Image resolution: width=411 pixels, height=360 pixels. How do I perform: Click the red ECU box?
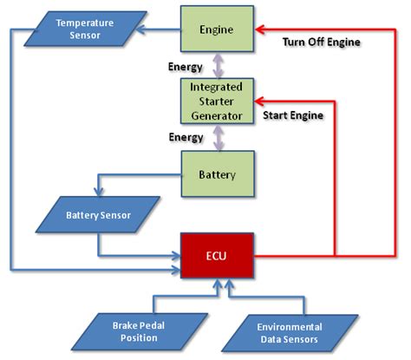(218, 256)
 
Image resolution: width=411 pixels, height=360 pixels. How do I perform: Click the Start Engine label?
(295, 114)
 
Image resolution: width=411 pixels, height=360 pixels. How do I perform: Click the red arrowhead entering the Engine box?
(259, 30)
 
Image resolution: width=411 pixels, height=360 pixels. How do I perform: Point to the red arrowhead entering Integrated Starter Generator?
(259, 100)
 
